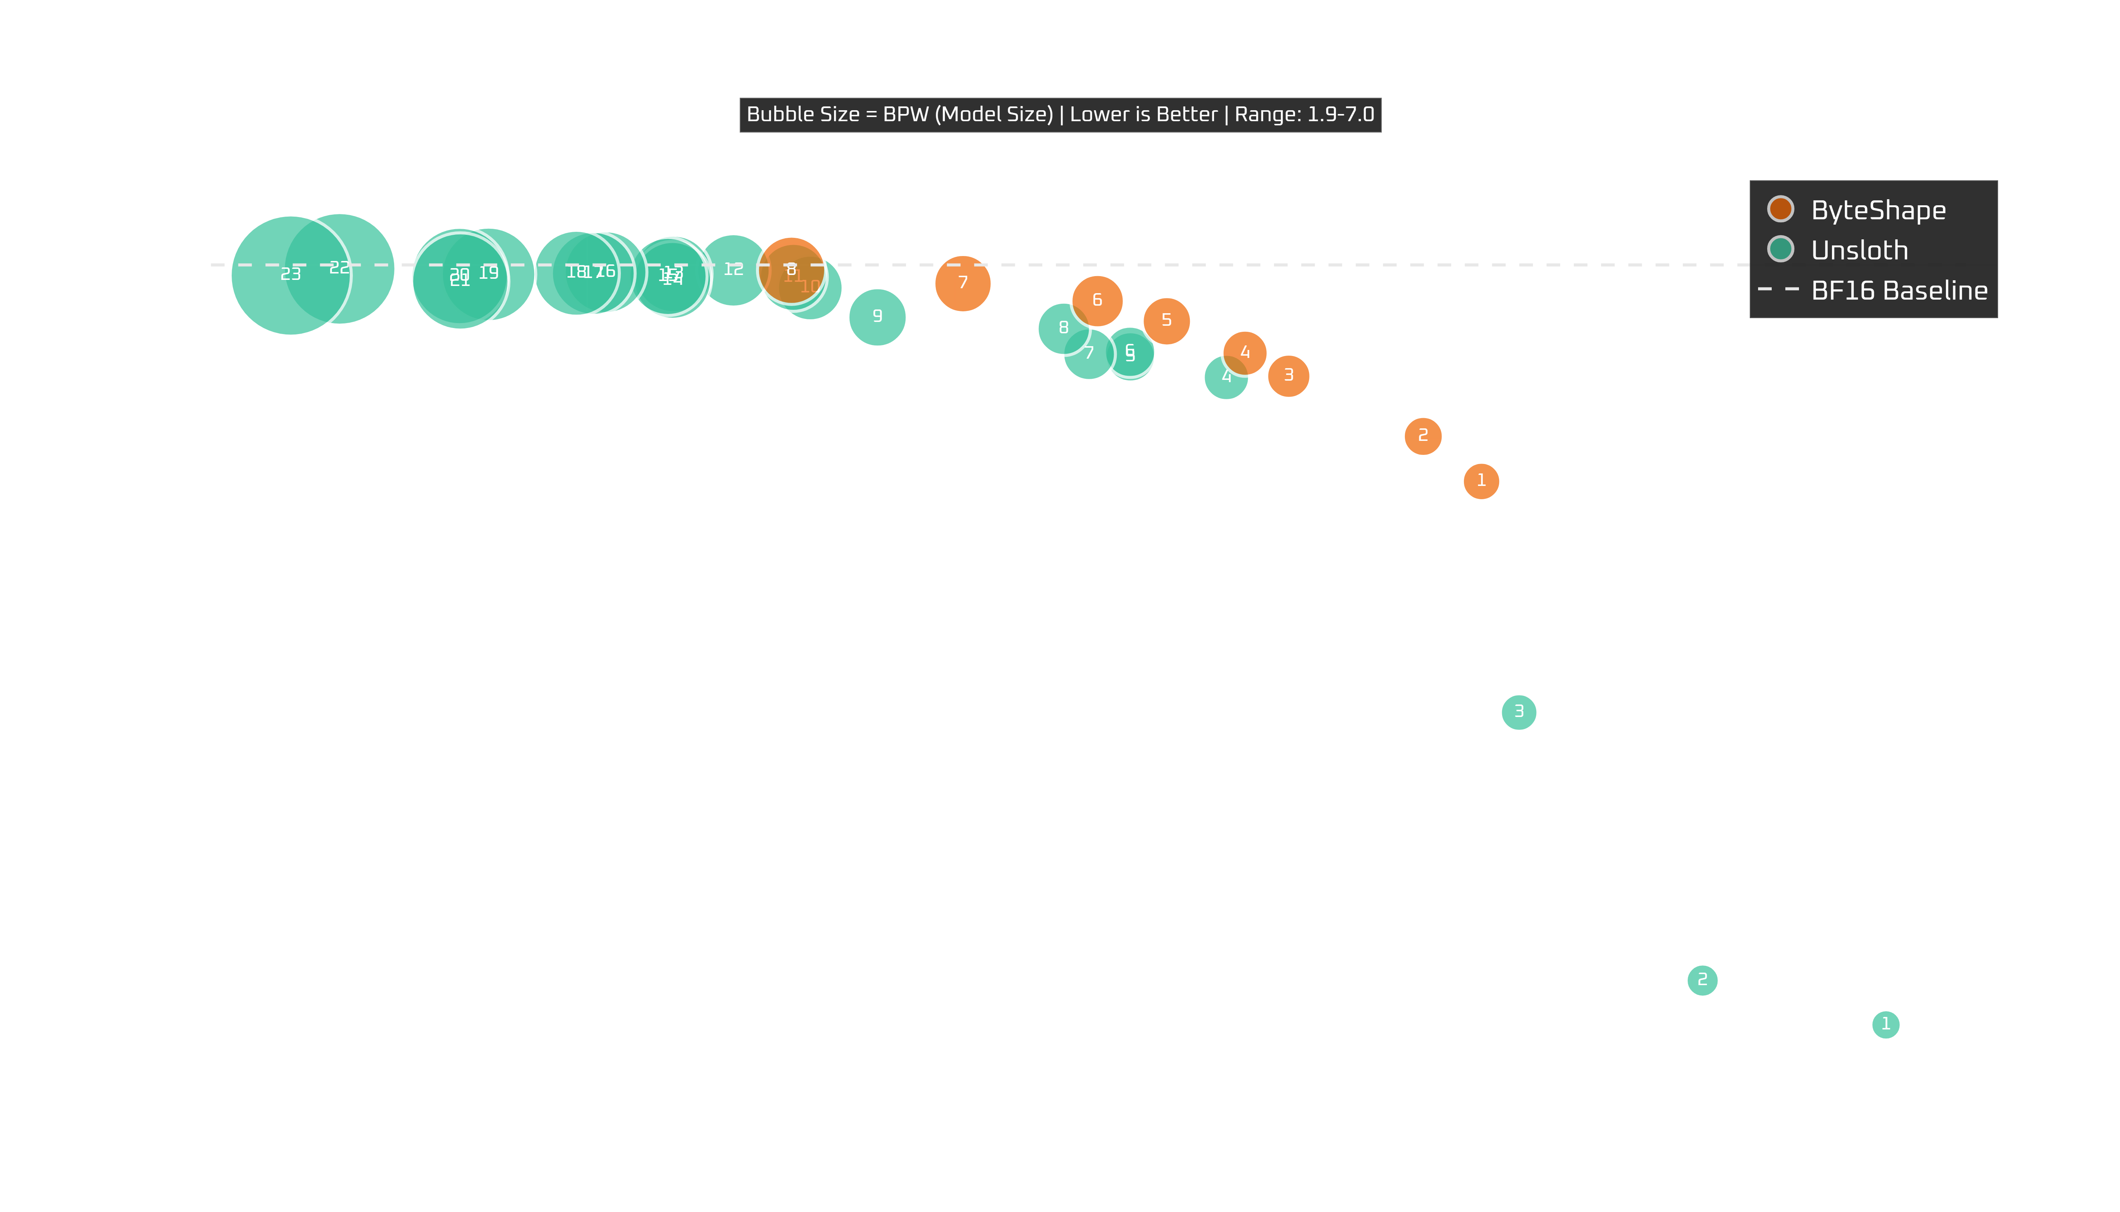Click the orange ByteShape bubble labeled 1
point(1481,481)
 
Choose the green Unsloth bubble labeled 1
point(1885,1024)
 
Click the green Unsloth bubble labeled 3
point(1518,712)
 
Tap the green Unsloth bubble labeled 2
point(1702,980)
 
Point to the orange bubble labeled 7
point(963,283)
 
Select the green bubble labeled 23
point(290,275)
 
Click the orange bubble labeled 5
point(1166,320)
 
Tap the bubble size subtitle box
point(1060,115)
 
